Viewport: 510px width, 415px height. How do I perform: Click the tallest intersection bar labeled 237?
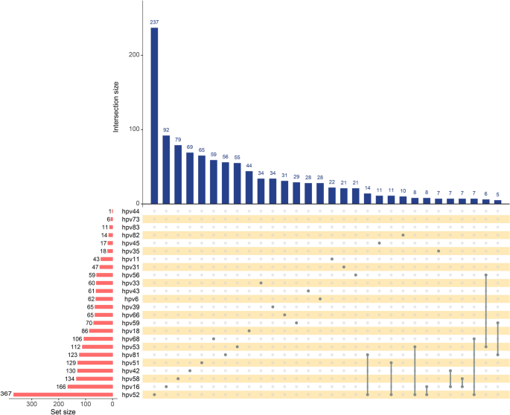[x=154, y=116]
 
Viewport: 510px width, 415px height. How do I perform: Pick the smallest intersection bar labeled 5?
[x=497, y=202]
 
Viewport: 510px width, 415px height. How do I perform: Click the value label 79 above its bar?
[x=178, y=139]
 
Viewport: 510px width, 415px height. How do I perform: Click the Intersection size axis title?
[x=117, y=103]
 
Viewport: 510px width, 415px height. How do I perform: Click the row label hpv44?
[x=130, y=211]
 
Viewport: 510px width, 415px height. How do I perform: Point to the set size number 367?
[x=7, y=394]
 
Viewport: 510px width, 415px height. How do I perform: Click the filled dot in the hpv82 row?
[x=403, y=235]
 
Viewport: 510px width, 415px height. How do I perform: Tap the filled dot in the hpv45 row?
[x=379, y=242]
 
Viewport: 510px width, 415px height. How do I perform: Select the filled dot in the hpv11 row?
[x=332, y=259]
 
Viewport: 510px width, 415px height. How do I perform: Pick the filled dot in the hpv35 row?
[x=439, y=251]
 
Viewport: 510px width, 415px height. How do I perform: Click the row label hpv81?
[x=130, y=355]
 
